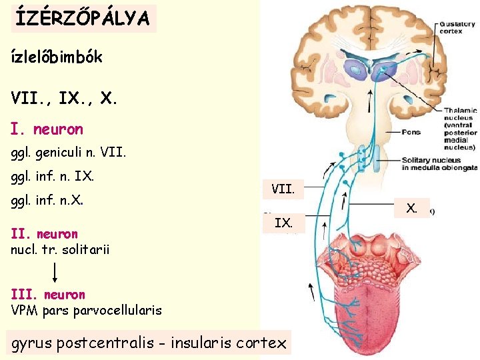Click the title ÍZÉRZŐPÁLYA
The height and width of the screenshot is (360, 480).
(x=83, y=19)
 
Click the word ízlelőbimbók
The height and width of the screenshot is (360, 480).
(x=57, y=57)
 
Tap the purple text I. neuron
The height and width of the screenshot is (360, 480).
(x=47, y=129)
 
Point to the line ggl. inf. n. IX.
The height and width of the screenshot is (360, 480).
(x=53, y=177)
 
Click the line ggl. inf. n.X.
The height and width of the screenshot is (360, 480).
(x=50, y=200)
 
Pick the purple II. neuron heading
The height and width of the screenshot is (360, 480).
(x=45, y=234)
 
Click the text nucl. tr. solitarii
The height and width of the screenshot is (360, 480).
(x=60, y=249)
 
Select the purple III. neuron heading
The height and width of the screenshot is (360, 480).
(x=48, y=294)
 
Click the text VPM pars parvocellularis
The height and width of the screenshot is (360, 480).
(x=86, y=310)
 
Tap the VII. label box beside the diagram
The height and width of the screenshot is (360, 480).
(x=283, y=189)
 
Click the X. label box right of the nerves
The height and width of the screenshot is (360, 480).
(x=413, y=208)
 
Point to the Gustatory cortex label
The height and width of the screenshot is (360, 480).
(x=457, y=28)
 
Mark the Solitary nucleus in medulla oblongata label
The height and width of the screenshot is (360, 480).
(x=439, y=164)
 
